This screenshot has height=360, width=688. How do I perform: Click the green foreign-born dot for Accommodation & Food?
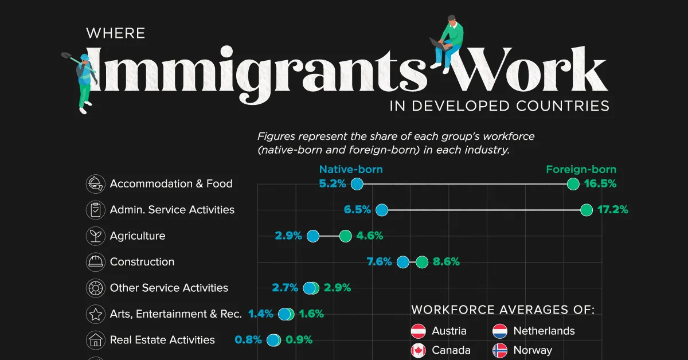(x=572, y=184)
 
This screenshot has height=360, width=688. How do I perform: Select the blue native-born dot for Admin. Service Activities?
(x=382, y=210)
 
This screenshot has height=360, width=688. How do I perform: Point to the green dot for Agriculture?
(x=345, y=236)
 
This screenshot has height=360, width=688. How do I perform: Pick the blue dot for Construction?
(x=403, y=263)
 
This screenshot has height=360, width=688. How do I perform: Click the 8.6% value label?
(x=447, y=262)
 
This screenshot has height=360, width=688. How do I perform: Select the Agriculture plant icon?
(x=94, y=236)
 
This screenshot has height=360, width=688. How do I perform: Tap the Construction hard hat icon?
(x=94, y=262)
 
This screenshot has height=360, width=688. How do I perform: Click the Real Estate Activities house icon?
(x=94, y=341)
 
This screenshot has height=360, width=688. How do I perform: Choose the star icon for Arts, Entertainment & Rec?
(x=94, y=314)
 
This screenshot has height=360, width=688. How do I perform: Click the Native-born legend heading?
(x=351, y=169)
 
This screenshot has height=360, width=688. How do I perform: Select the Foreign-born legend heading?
(x=581, y=169)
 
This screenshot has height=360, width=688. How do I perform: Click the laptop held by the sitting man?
(x=440, y=43)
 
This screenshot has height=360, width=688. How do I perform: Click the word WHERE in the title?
(x=115, y=33)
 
